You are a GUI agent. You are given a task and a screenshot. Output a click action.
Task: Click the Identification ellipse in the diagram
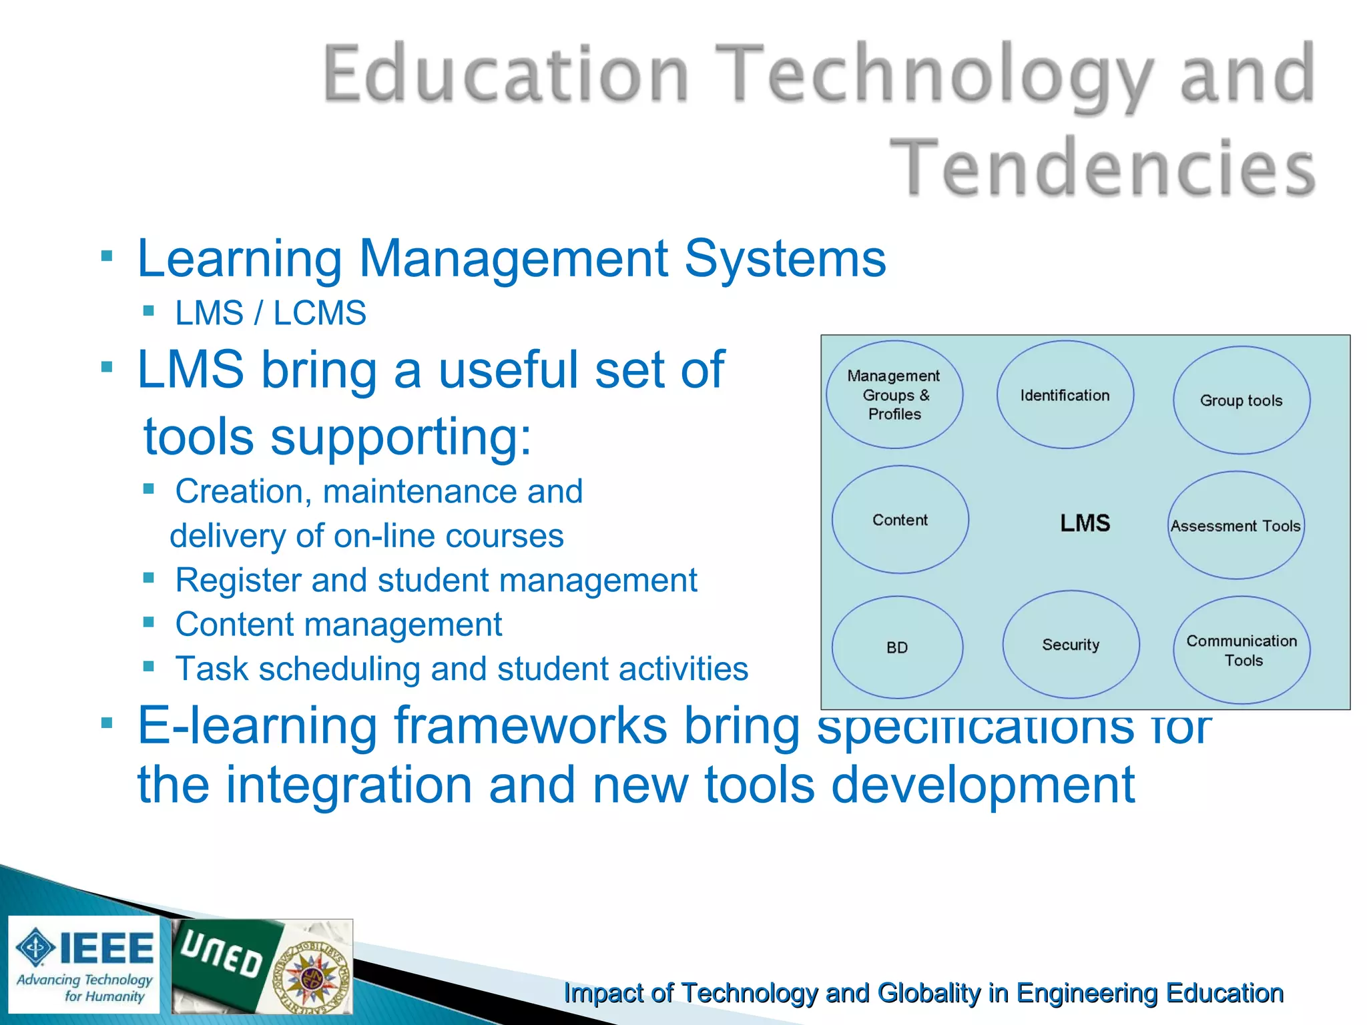(x=1065, y=395)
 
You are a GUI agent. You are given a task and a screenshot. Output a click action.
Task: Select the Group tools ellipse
(x=1242, y=400)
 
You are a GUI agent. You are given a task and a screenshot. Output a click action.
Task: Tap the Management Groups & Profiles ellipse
(x=894, y=395)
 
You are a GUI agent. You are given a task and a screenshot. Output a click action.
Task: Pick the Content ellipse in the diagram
(x=900, y=520)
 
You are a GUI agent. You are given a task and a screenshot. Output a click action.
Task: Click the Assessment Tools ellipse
(x=1236, y=526)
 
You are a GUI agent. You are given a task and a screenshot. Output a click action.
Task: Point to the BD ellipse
(x=897, y=647)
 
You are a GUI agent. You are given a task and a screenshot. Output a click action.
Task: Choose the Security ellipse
(x=1071, y=645)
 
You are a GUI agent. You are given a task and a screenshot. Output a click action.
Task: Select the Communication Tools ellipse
(x=1242, y=650)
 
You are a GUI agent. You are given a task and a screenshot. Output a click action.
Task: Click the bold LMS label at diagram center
(x=1085, y=523)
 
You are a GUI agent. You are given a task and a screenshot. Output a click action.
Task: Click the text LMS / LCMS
(x=270, y=313)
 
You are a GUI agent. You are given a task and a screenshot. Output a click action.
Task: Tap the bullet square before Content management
(x=149, y=623)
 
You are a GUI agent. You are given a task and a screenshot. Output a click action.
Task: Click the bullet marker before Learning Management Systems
(x=107, y=256)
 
